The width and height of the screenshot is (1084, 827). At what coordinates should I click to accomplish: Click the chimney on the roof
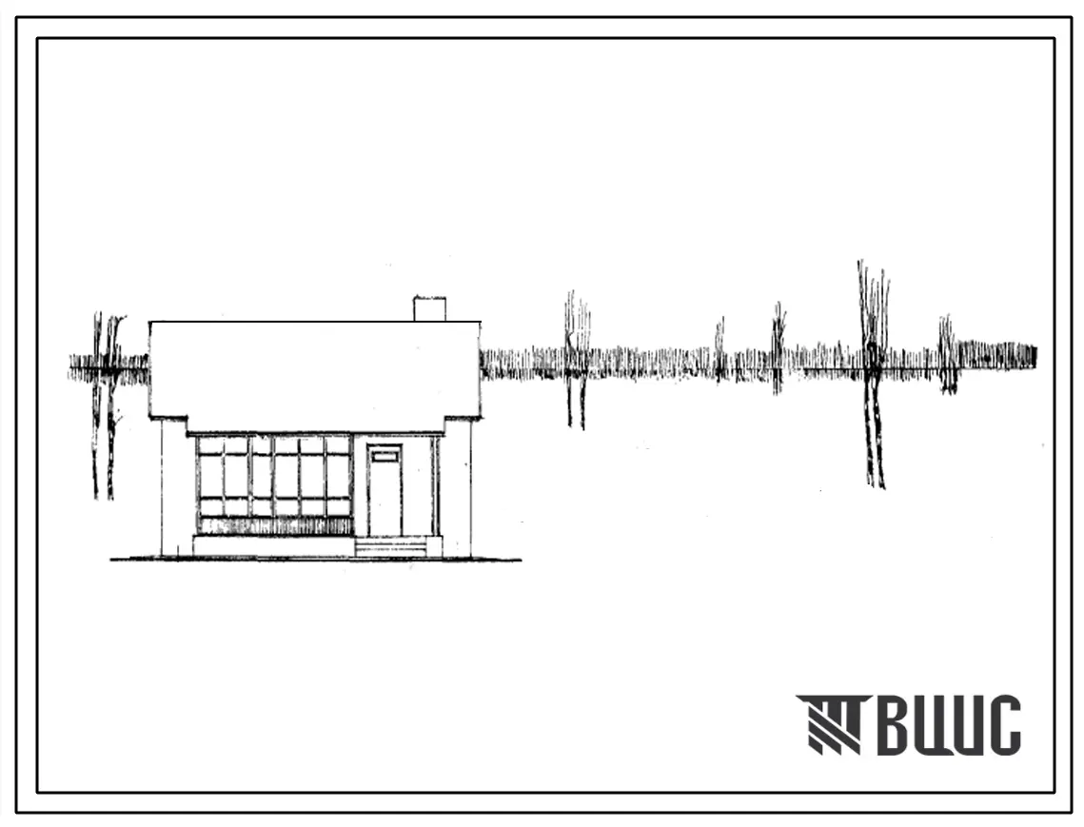tap(429, 309)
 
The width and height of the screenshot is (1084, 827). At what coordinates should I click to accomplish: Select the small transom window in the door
tap(385, 456)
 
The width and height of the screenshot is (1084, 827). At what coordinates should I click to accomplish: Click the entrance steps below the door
tap(390, 547)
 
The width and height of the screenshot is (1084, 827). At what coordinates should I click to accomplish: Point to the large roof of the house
tap(315, 373)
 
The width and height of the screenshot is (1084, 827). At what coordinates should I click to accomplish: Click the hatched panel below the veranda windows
tap(274, 526)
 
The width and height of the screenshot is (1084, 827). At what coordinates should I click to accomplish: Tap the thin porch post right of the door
tap(436, 485)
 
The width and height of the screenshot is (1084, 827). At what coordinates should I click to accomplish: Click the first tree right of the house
tap(577, 361)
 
